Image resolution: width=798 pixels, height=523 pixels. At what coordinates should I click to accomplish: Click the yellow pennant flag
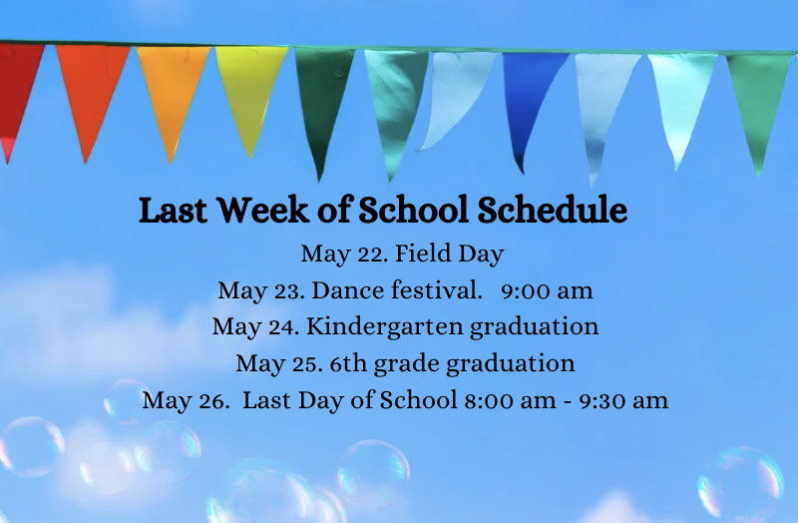pos(250,92)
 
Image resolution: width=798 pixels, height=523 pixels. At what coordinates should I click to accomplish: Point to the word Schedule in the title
pos(553,210)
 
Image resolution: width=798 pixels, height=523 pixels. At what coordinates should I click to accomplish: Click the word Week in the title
pos(263,210)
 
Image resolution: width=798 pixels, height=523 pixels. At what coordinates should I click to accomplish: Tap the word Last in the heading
pos(173,210)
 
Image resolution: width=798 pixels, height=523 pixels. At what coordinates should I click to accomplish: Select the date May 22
pos(344,254)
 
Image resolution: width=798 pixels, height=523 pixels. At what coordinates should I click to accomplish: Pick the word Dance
pos(348,290)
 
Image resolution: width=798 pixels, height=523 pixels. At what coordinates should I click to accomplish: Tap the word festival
pos(437,290)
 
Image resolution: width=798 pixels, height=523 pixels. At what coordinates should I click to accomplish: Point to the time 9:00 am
pos(547,290)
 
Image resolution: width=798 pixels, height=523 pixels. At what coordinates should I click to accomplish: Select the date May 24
pos(256,327)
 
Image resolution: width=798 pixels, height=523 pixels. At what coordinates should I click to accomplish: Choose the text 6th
pos(348,363)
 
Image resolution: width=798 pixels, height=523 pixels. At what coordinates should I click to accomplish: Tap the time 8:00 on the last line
pos(489,401)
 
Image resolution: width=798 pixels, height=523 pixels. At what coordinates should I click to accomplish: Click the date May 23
pos(261,290)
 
